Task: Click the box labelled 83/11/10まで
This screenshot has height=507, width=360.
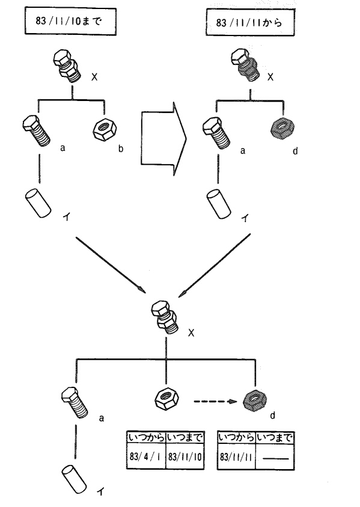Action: [x=70, y=21]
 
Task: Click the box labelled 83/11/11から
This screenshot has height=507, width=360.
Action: [x=250, y=22]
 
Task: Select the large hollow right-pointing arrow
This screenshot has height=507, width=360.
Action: [x=163, y=139]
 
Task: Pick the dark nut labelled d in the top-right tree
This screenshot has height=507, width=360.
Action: [x=282, y=128]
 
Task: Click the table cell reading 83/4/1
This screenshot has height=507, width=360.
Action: [x=146, y=456]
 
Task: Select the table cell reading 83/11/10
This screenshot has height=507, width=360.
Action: [x=185, y=456]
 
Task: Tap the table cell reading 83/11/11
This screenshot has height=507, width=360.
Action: [x=236, y=457]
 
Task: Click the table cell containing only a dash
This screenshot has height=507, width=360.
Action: [x=275, y=457]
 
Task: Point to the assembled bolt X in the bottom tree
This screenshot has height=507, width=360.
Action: [x=165, y=318]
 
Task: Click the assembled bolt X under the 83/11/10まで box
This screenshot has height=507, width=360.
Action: [x=66, y=66]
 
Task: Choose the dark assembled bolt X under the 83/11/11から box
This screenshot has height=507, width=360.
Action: [x=245, y=66]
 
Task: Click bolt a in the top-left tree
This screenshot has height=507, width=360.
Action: [x=37, y=131]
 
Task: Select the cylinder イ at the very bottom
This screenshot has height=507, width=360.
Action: [x=75, y=479]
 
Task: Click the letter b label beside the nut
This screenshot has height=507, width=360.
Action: [x=121, y=149]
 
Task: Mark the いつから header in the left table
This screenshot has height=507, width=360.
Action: [x=146, y=438]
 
